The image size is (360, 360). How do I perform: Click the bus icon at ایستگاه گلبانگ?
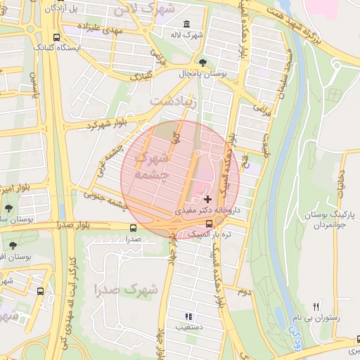(x=56, y=37)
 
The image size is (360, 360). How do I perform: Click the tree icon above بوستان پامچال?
(x=204, y=62)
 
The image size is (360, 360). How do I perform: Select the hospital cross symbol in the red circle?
(x=207, y=200)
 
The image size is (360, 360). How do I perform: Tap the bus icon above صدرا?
(x=134, y=228)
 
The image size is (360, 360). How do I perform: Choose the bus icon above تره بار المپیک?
(x=207, y=224)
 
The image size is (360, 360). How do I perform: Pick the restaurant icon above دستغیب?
(x=188, y=316)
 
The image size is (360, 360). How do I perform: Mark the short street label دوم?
(x=243, y=290)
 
